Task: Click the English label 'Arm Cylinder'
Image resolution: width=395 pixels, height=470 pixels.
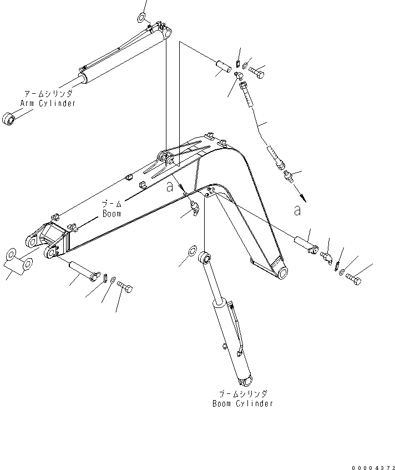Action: tap(48, 103)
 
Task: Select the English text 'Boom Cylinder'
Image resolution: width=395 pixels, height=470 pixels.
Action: tap(242, 403)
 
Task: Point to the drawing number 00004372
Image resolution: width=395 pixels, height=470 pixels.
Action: tap(372, 462)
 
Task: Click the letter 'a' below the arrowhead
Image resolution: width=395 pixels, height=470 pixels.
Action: tap(298, 210)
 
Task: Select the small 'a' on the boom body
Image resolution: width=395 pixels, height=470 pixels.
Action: tap(170, 187)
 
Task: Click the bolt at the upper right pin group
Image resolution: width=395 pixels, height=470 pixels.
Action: tap(256, 72)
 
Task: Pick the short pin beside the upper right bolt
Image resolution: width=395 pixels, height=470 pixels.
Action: tap(225, 63)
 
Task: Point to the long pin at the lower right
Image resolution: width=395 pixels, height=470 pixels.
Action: tap(305, 244)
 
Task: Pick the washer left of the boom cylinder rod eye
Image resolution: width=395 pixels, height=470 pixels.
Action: tap(192, 251)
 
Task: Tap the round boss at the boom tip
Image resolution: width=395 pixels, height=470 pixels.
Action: tap(281, 272)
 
